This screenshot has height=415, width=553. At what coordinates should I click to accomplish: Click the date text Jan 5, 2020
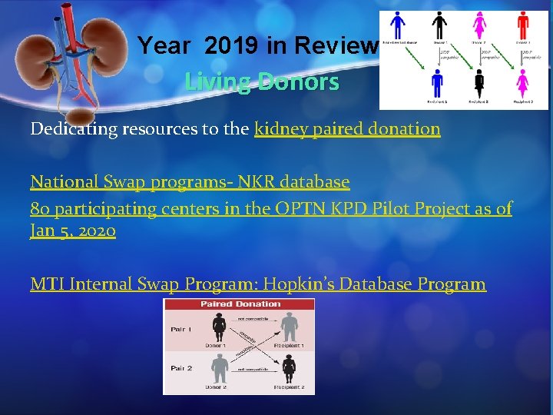(x=73, y=231)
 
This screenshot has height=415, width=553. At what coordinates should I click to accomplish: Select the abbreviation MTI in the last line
(x=47, y=284)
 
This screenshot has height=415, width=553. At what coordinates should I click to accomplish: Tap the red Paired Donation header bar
(x=239, y=304)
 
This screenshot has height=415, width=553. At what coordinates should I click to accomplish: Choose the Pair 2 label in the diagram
(x=180, y=369)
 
